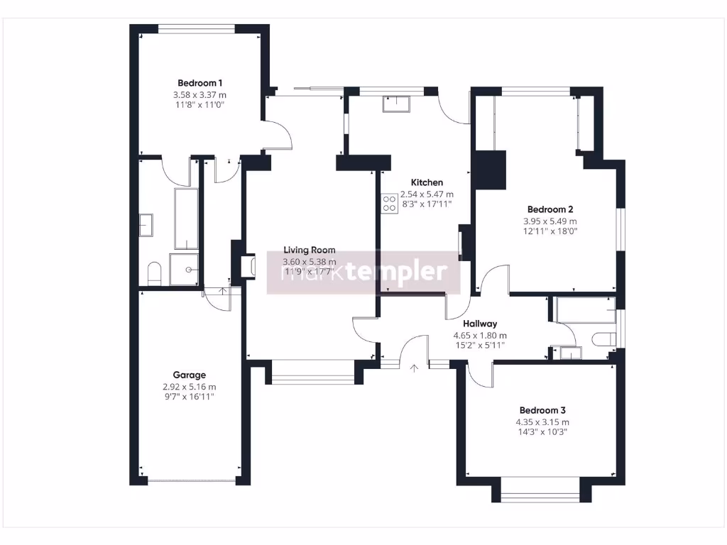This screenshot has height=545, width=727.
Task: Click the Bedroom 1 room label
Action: coord(199,82)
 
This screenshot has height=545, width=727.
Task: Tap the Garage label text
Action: coord(189,375)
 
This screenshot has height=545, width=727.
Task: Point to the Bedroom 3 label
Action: coord(542,410)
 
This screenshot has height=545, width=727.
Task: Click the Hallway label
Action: coord(480,324)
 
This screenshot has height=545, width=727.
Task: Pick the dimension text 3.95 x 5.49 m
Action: coord(550,221)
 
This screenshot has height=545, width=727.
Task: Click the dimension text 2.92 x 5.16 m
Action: coord(189,387)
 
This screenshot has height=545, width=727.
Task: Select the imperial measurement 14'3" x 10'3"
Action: coord(542,431)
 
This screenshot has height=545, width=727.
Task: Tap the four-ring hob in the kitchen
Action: coord(389,204)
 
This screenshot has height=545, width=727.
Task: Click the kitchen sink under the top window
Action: coord(395,104)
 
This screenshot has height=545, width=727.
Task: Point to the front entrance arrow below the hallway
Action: coord(414,367)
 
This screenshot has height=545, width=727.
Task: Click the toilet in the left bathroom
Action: coord(154,272)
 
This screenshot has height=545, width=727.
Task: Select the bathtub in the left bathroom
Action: coord(186,219)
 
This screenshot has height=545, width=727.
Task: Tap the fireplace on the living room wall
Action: coord(246,265)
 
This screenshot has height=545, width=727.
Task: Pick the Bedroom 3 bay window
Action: coord(540,490)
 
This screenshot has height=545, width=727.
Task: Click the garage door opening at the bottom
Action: coord(192,482)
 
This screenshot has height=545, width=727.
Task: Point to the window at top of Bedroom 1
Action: coord(196,29)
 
